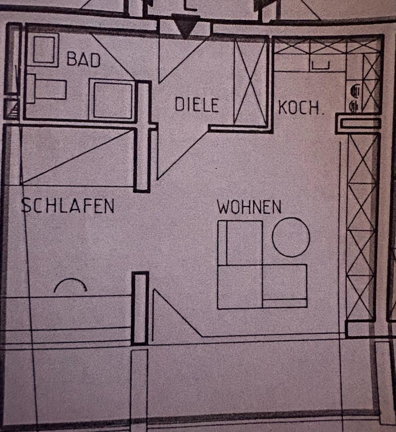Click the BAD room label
[83, 59]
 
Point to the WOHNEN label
[249, 207]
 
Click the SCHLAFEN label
[68, 206]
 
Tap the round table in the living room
[291, 237]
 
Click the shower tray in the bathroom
[112, 99]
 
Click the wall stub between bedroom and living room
[140, 308]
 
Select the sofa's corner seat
[239, 287]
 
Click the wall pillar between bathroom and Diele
[144, 135]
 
